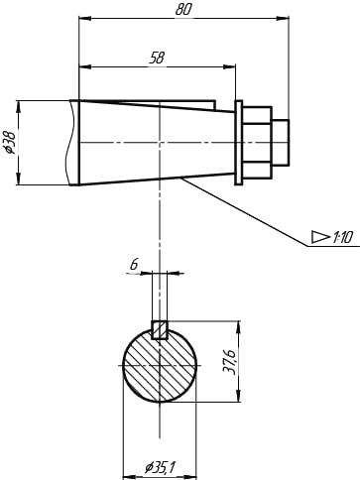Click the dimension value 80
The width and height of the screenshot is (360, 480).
pos(183,9)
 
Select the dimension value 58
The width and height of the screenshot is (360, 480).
pos(157,59)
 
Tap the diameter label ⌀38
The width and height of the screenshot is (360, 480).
pos(9,143)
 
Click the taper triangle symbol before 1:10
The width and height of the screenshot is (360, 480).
pos(320,237)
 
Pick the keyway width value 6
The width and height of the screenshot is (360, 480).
pos(134,265)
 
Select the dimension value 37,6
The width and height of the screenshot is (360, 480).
pos(229,362)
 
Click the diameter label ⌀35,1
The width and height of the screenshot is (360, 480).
pos(160,468)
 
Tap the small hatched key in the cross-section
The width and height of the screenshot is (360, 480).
pos(160,329)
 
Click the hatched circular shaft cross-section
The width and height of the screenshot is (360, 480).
pos(160,366)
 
